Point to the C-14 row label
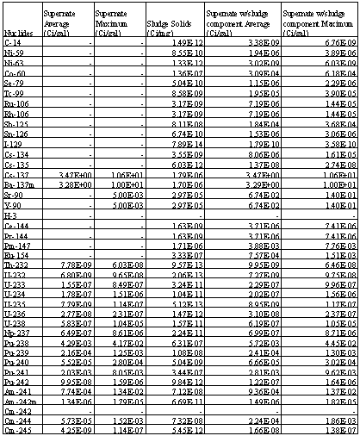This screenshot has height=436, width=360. (x=14, y=41)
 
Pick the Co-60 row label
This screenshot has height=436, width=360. (x=16, y=75)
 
